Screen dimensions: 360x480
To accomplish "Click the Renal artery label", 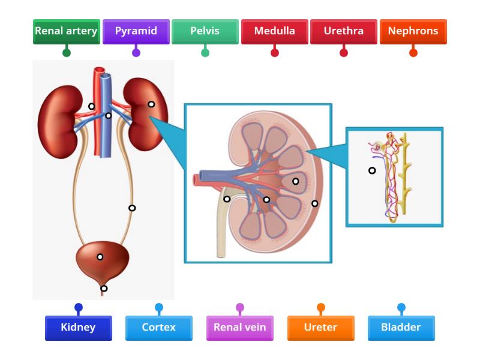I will [66, 31].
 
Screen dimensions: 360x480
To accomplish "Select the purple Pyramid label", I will [136, 31].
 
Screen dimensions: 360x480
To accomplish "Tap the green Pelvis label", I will [205, 31].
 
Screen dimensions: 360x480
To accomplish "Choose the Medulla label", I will [274, 31].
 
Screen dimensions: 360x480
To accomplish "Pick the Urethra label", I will [344, 31].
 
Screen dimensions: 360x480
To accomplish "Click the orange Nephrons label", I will [413, 31].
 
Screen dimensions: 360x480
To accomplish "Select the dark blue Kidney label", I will [78, 328].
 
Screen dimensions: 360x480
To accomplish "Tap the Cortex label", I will [159, 328].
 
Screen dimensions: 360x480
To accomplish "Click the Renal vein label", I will [239, 328].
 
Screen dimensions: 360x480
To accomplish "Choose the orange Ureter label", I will [320, 328].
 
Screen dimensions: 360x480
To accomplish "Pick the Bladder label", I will [401, 328].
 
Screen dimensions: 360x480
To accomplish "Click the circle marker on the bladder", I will [100, 257].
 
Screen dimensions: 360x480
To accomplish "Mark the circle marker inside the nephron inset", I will [372, 170].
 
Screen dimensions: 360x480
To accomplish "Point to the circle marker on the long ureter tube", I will [132, 208].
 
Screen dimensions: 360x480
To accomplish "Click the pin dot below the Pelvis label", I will [205, 53].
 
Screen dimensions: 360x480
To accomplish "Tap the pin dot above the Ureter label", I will [321, 308].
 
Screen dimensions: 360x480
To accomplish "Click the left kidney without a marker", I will [57, 123].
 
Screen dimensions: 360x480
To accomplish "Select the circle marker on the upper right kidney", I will [151, 104].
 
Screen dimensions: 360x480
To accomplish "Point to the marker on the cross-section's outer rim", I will [315, 203].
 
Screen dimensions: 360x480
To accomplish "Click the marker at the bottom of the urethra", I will [104, 289].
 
